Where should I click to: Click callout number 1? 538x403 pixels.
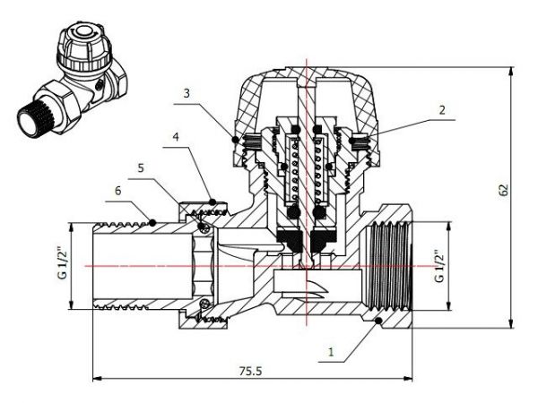pos(330,353)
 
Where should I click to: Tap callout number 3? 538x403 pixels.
pos(186,93)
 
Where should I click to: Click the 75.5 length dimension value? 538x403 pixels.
pos(251,368)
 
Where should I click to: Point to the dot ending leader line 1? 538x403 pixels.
pos(379,320)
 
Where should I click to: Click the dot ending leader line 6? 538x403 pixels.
pos(154,220)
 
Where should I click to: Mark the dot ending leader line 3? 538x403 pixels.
pos(236,141)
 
